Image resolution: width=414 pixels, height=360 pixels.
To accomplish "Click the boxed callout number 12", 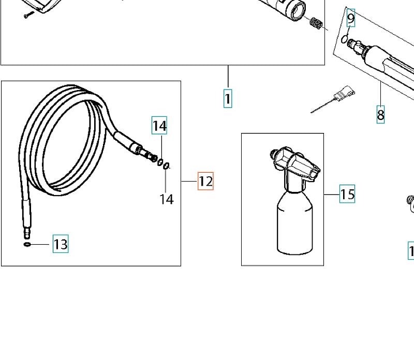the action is point(205,181).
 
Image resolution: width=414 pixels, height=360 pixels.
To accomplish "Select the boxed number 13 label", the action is point(61,244).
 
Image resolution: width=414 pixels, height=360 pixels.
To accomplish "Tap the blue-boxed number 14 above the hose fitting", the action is point(159,125).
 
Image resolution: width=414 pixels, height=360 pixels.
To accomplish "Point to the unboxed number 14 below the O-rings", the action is point(167,199).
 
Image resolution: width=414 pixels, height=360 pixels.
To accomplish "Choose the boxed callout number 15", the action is point(347,194).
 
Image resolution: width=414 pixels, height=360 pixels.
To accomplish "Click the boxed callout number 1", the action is point(228,98).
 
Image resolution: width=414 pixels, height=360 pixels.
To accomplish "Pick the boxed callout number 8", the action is point(380,114).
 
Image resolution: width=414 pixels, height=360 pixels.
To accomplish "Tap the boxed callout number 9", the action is point(351,18).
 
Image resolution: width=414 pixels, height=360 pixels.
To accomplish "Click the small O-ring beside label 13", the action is point(27,245).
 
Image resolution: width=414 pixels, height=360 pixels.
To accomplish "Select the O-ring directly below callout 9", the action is point(344,39).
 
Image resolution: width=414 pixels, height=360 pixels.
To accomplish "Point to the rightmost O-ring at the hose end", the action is point(166,166).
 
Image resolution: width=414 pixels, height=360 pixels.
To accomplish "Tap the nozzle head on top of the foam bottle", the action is point(295,163).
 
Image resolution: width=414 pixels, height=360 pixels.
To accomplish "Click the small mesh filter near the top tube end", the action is point(316,23).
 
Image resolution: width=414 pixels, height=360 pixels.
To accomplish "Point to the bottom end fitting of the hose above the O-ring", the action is point(27,233).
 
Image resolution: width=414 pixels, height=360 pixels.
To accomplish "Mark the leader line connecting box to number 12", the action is point(189,182).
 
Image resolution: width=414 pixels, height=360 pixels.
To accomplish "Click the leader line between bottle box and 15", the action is point(332,194).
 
